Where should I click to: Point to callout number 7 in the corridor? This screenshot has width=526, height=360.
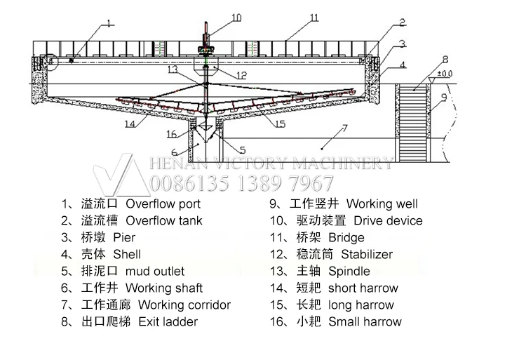tap(344, 128)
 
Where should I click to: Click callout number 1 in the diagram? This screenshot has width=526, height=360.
tap(109, 24)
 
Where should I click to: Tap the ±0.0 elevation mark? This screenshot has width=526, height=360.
tap(445, 73)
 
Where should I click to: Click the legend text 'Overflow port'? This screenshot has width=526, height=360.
tap(163, 204)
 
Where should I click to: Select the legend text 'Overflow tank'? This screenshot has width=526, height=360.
tap(164, 221)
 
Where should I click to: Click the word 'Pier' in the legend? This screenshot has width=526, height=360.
tap(124, 238)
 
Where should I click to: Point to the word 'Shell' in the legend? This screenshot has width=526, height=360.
tap(127, 255)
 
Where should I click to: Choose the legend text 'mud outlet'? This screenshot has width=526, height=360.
tap(155, 272)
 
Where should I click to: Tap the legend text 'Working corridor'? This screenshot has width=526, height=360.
tap(184, 305)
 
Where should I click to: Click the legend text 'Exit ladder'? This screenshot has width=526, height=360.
tap(168, 322)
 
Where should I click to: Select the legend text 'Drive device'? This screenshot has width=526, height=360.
tap(385, 221)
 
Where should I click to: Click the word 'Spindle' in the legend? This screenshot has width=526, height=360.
tap(349, 272)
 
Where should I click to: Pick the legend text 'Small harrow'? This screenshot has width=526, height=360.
tap(365, 322)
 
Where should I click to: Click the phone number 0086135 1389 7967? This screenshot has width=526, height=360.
tap(243, 184)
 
